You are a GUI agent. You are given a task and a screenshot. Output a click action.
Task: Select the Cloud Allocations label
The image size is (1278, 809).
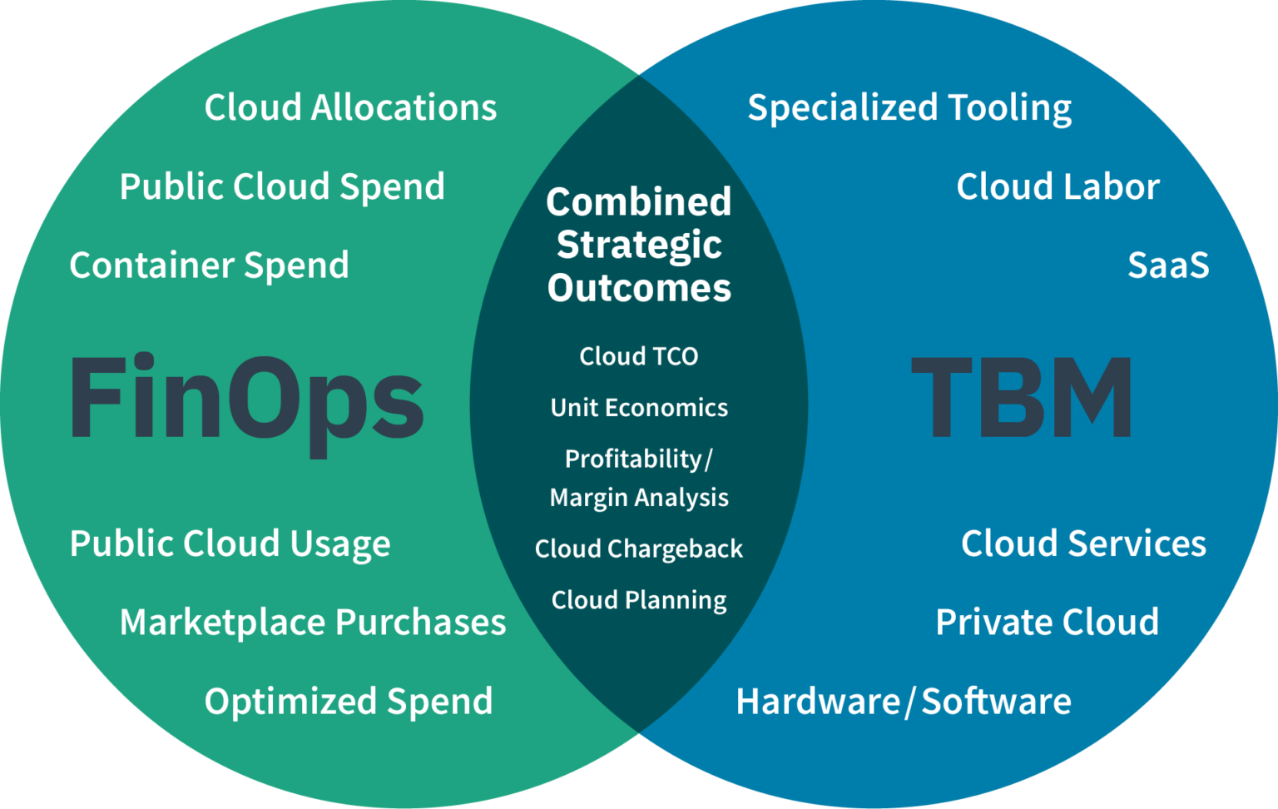pos(350,108)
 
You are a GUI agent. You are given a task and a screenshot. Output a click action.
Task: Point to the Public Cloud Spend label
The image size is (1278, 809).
pos(282,187)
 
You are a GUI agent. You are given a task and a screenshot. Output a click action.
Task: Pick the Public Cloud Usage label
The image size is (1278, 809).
pos(230,544)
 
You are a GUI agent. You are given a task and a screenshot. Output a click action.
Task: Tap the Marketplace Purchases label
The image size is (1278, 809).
pos(313,623)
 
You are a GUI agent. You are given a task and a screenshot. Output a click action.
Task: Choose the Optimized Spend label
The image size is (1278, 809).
pos(349,702)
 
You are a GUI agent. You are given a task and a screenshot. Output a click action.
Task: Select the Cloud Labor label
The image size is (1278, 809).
pos(1058,187)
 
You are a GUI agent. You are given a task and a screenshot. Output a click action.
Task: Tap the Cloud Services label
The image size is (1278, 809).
pos(1083,543)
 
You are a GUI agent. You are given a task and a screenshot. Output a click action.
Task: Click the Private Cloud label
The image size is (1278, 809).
pos(1047,623)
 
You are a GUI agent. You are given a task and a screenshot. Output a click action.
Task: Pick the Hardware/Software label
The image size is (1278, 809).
pos(904,702)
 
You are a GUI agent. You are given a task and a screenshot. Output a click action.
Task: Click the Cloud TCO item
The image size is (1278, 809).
pos(638,356)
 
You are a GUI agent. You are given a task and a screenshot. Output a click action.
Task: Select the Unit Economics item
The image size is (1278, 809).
pos(639,408)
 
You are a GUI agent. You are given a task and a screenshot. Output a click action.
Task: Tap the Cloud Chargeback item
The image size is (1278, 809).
pos(639,549)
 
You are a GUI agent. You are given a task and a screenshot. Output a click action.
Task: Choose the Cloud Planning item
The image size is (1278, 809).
pos(639,600)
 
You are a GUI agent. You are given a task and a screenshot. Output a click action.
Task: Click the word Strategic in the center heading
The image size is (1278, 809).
pos(639,246)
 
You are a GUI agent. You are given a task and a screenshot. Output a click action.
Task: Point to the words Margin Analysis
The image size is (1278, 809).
pos(639,498)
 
